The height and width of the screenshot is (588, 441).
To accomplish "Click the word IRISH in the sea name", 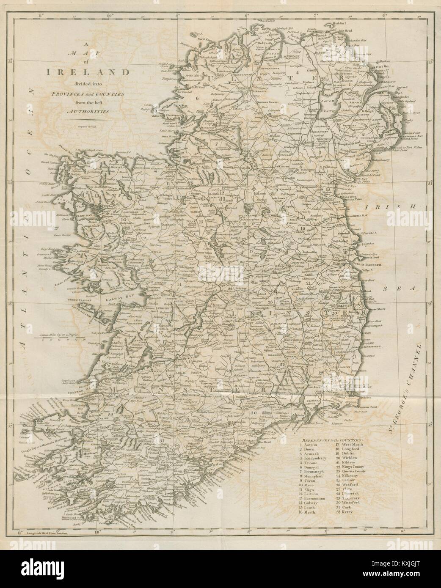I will coord(381,207).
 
